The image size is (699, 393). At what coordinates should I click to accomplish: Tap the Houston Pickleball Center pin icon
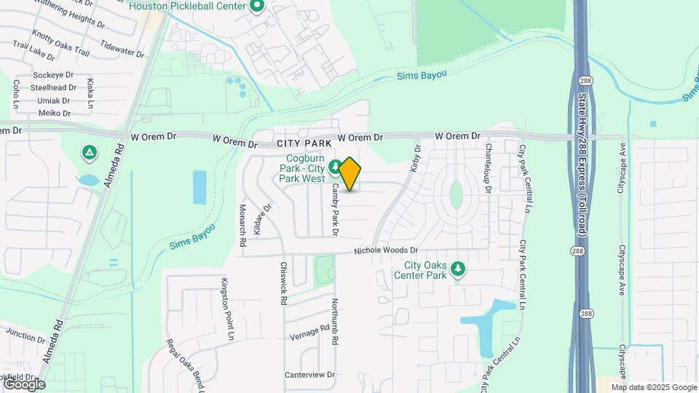[x=256, y=7]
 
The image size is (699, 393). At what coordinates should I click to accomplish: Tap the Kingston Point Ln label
[x=226, y=301]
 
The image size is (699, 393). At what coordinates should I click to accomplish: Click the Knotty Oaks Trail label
[x=61, y=44]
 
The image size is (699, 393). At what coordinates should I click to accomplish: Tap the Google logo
[x=24, y=384]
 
